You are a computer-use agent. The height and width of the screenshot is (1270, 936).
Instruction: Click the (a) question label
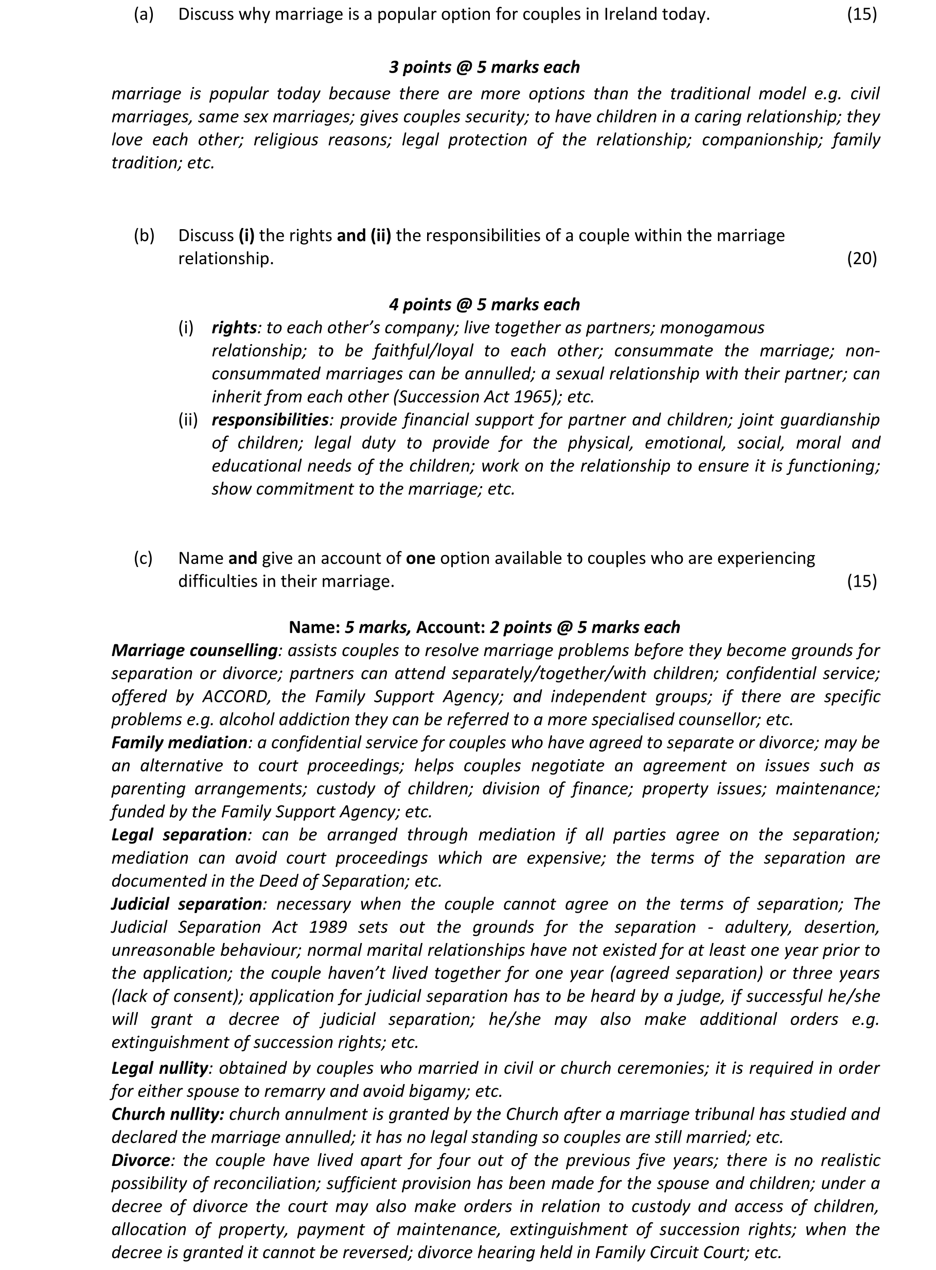pyautogui.click(x=144, y=15)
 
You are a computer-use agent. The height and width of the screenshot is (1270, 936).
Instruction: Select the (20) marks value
pyautogui.click(x=861, y=259)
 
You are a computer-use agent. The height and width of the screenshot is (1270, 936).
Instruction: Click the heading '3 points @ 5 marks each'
pyautogui.click(x=484, y=67)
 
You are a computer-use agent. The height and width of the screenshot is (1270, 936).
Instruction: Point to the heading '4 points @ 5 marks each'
pyautogui.click(x=484, y=304)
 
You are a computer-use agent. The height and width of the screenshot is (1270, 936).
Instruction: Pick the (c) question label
pyautogui.click(x=144, y=558)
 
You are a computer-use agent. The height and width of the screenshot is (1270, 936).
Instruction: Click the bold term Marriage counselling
pyautogui.click(x=195, y=650)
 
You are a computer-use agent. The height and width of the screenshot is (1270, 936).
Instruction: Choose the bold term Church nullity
pyautogui.click(x=168, y=1114)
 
